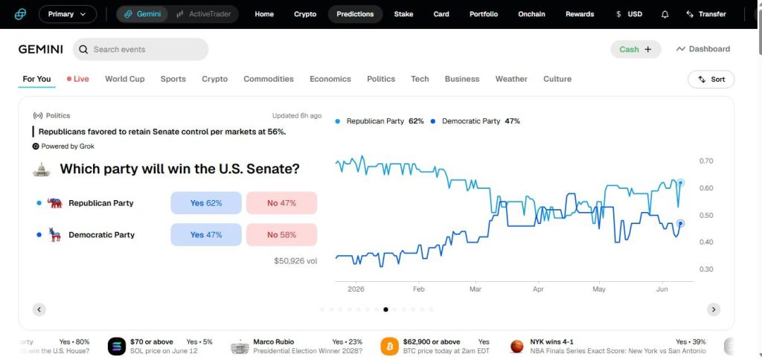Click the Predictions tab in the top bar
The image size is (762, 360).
tap(355, 14)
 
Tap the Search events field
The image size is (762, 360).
tap(141, 49)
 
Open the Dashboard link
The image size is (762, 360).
tap(702, 49)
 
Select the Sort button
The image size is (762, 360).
tap(711, 79)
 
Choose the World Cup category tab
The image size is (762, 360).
tap(125, 79)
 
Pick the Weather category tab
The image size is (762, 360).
tap(511, 79)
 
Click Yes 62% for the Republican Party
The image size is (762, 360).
tap(206, 203)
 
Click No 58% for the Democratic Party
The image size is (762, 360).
tap(281, 234)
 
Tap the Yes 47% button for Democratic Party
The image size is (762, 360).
tap(206, 234)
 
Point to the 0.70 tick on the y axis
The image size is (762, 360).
tap(705, 161)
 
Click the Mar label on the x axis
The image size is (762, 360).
tap(476, 289)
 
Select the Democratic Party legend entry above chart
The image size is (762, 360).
tap(475, 121)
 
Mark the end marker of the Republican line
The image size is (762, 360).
tap(681, 183)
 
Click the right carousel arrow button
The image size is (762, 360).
tap(714, 309)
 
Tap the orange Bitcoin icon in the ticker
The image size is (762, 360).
tap(389, 346)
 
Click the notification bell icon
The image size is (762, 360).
tap(665, 14)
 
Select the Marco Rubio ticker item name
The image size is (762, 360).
tap(274, 341)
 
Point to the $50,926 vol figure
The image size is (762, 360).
tap(295, 261)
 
